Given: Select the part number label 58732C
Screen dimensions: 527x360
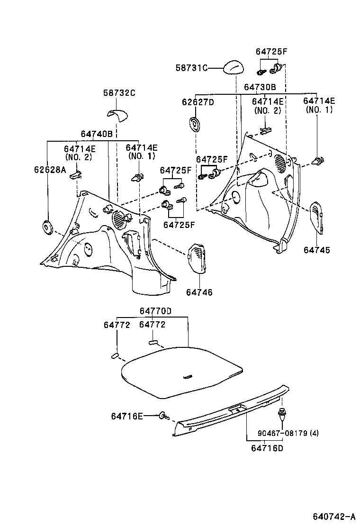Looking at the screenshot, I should pos(119,93).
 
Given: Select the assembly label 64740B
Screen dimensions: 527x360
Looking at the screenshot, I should pos(97,134).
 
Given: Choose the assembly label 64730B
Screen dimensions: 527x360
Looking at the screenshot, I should pos(260,87).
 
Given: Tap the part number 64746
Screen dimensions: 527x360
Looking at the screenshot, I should pos(199,292).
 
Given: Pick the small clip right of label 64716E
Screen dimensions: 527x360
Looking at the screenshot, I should pos(164,416).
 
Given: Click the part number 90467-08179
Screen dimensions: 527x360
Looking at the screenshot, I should pos(283,433).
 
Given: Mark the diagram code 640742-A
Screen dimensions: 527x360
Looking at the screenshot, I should pos(334,516).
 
